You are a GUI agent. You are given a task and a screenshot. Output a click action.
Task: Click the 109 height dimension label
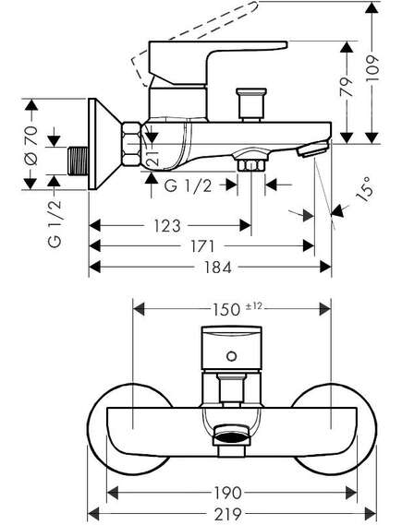pyautogui.click(x=372, y=68)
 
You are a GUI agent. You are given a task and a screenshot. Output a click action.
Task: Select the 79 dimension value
pyautogui.click(x=347, y=87)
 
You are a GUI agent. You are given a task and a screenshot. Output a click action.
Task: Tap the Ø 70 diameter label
pyautogui.click(x=30, y=146)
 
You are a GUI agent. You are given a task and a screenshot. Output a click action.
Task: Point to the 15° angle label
pyautogui.click(x=364, y=190)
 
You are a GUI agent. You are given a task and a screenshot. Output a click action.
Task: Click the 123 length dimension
pyautogui.click(x=167, y=226)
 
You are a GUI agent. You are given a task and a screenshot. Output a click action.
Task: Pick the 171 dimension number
pyautogui.click(x=202, y=246)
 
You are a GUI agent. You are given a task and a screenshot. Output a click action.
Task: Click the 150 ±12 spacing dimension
pyautogui.click(x=237, y=309)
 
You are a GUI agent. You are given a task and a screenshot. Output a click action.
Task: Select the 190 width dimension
pyautogui.click(x=227, y=493)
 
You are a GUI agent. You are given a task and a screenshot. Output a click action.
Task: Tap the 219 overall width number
pyautogui.click(x=228, y=514)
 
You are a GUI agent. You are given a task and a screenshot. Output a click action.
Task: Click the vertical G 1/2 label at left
pyautogui.click(x=55, y=222)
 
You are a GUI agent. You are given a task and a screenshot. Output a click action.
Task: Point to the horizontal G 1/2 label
pyautogui.click(x=189, y=185)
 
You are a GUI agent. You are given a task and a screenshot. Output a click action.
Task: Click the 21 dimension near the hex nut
pyautogui.click(x=152, y=157)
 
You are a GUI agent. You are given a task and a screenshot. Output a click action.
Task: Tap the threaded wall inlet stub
pyautogui.click(x=79, y=161)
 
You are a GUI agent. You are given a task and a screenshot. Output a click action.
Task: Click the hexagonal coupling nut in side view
pyautogui.click(x=131, y=144)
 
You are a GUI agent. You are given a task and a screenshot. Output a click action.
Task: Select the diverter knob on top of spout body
pyautogui.click(x=251, y=105)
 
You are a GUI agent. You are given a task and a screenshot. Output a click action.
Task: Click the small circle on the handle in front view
pyautogui.click(x=232, y=356)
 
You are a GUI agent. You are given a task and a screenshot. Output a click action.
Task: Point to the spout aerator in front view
pyautogui.click(x=231, y=436)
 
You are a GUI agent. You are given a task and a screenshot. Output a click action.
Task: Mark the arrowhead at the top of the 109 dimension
pyautogui.click(x=372, y=7)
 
